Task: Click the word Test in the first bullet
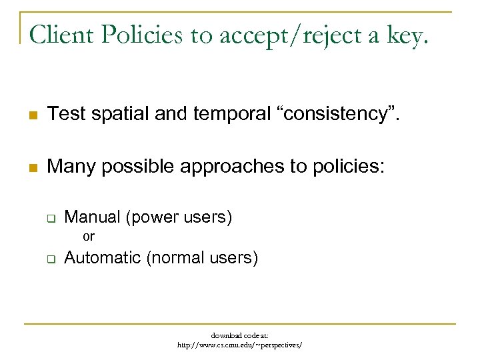[67, 114]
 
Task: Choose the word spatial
[123, 115]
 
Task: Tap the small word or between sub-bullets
[88, 236]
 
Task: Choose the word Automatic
[103, 257]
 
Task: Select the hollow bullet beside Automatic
[49, 259]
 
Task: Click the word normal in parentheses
[179, 257]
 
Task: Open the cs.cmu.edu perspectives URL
[239, 345]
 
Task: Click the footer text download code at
[239, 335]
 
